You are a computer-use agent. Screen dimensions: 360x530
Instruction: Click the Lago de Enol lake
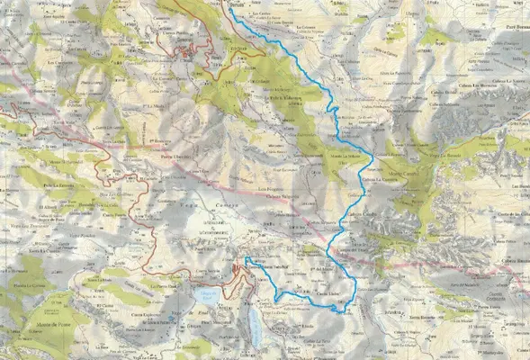pyautogui.click(x=207, y=297)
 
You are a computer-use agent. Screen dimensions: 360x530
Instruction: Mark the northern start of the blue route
pyautogui.click(x=233, y=11)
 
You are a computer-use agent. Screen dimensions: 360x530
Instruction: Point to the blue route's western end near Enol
pyautogui.click(x=246, y=259)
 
